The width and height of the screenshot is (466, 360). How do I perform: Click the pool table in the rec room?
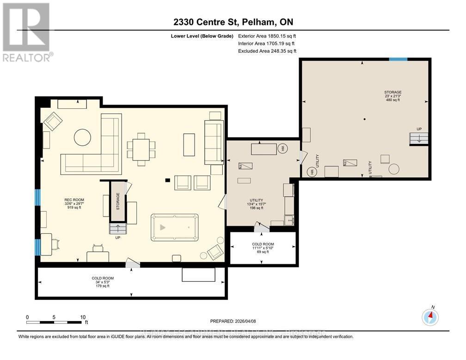click(174, 227)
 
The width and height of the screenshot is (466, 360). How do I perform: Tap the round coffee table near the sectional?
click(83, 137)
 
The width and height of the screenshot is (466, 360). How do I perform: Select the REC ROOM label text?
click(74, 204)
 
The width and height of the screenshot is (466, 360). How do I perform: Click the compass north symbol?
click(430, 317)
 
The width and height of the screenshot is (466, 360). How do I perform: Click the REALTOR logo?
click(26, 32)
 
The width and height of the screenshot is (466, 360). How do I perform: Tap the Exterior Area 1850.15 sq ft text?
click(267, 35)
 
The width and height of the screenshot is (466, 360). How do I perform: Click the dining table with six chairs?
click(141, 149)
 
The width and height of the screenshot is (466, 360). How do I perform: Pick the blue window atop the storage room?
click(398, 59)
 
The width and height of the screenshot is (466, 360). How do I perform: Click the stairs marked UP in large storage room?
click(417, 138)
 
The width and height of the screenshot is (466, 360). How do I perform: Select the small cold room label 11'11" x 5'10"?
click(263, 248)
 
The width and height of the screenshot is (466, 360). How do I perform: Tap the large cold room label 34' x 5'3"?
click(102, 282)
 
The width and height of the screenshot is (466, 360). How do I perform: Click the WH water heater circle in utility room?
click(283, 149)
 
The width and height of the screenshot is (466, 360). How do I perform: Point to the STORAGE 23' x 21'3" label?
click(392, 96)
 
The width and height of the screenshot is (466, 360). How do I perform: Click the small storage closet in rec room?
click(117, 201)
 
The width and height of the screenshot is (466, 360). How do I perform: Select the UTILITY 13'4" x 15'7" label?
click(255, 204)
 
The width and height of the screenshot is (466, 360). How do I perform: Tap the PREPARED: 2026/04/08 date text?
click(233, 320)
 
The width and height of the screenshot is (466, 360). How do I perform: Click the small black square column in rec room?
click(168, 180)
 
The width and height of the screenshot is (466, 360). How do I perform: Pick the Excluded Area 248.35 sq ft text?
click(267, 51)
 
